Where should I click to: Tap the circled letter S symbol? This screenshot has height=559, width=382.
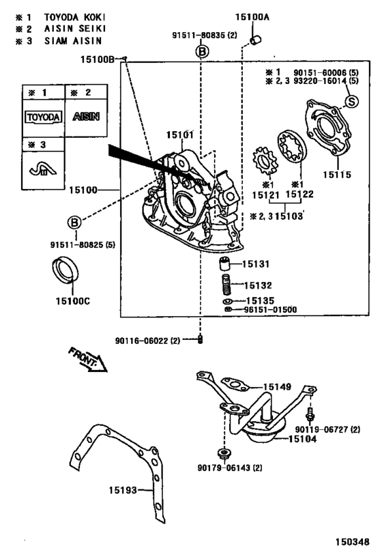(x=351, y=102)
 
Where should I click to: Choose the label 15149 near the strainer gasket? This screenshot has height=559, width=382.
(x=276, y=386)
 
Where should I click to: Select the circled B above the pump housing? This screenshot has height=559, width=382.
(x=202, y=52)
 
